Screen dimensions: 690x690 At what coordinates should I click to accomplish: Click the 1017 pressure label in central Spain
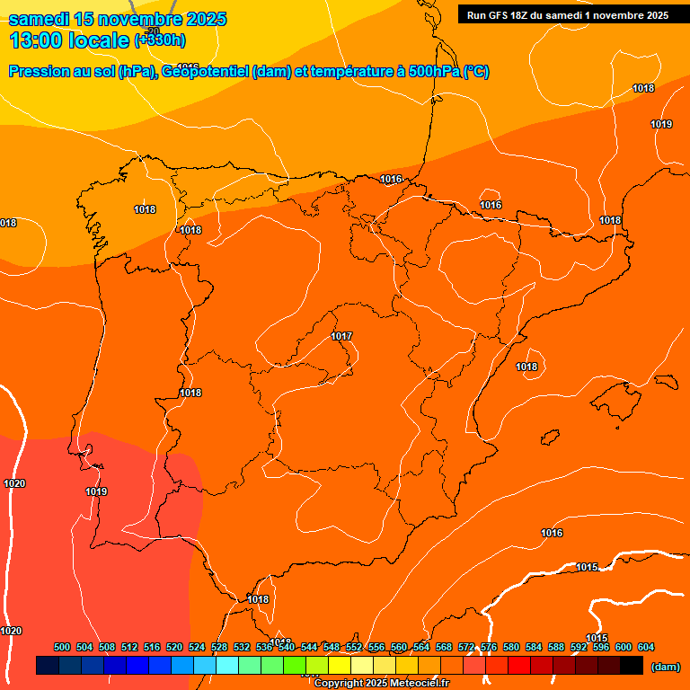tap(341, 336)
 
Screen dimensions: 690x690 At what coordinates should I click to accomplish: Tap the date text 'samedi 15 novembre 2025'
tap(117, 19)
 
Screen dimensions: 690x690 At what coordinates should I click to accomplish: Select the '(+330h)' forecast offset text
tap(160, 40)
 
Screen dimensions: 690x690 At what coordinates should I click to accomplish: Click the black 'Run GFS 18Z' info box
tap(567, 14)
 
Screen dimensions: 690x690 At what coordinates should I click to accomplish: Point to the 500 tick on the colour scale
tap(62, 647)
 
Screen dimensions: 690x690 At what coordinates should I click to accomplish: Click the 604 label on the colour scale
tap(645, 647)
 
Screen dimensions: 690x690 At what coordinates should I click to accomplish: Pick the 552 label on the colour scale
tap(354, 647)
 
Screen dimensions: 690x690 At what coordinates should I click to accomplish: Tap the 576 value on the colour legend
tap(489, 647)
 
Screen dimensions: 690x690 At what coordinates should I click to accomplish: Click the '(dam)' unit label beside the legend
tap(665, 666)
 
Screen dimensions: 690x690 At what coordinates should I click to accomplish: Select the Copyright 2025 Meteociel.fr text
tap(381, 683)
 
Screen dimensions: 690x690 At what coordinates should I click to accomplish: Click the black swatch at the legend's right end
tap(632, 666)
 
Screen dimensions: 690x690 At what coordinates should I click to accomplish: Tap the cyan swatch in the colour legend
tap(227, 666)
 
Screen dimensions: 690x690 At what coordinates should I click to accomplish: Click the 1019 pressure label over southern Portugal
tap(96, 491)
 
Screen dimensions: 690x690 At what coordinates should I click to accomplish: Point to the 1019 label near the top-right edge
tap(661, 124)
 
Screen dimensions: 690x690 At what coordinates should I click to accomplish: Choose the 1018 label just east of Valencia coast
tap(526, 367)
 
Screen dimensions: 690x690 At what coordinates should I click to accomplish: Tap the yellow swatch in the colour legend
tap(340, 666)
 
